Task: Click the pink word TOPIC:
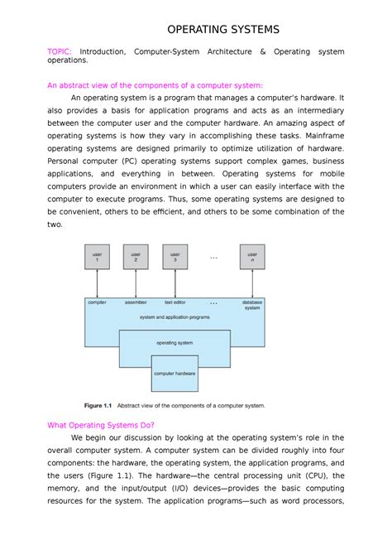62,51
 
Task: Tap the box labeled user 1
98,257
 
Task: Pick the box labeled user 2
136,257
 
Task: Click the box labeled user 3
174,257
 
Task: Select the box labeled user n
251,257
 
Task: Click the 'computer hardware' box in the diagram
174,374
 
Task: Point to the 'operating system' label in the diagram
174,342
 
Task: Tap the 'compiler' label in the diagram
98,302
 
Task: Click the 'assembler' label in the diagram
136,302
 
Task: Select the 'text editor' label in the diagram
174,302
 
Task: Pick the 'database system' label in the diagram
251,306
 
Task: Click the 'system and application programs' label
174,318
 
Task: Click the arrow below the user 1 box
98,283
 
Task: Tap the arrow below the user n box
251,283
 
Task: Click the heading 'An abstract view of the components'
155,84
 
